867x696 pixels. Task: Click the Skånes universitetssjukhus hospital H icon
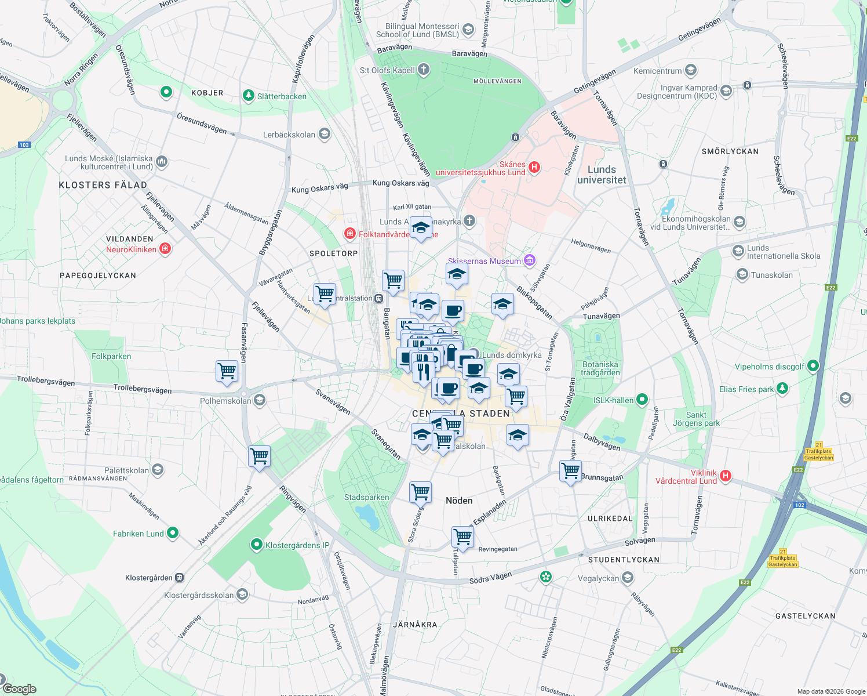534,168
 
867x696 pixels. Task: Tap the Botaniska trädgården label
600,369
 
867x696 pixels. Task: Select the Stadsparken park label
366,497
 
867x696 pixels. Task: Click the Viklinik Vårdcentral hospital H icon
724,476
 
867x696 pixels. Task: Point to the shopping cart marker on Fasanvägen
227,371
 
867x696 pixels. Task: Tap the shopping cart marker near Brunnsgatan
570,470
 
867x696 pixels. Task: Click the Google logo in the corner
19,689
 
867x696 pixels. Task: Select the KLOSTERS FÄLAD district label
103,185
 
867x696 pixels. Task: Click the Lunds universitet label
602,175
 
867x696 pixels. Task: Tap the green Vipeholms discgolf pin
813,366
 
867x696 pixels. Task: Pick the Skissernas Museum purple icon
529,260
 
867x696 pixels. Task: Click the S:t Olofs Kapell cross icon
424,70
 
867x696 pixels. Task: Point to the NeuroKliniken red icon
165,249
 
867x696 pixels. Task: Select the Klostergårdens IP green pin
256,545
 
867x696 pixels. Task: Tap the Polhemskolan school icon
260,400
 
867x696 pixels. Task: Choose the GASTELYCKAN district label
805,616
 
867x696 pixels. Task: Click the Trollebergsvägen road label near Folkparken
46,381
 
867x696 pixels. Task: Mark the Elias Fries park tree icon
782,388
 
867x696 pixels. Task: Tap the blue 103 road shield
24,145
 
